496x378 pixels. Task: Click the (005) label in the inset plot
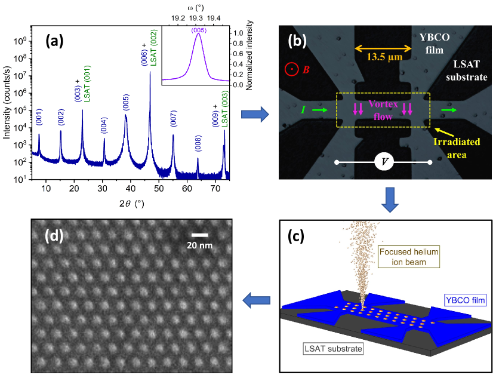click(x=199, y=31)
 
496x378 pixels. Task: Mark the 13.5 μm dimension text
click(x=378, y=59)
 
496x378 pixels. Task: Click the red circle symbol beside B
click(x=289, y=69)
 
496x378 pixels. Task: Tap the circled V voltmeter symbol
click(x=384, y=162)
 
